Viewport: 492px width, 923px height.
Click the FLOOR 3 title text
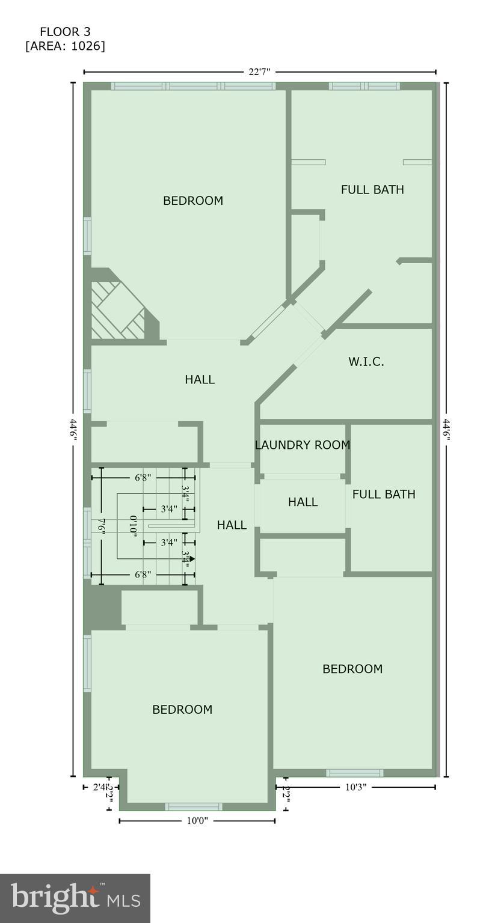click(65, 32)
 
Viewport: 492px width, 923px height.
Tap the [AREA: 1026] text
click(65, 46)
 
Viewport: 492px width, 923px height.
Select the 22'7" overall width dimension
click(259, 72)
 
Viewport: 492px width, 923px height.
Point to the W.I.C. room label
click(366, 362)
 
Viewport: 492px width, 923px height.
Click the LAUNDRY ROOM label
click(302, 445)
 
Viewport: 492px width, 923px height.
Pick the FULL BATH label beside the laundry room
click(384, 495)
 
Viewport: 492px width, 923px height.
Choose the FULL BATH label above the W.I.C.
click(372, 190)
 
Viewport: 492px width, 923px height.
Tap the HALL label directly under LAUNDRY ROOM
click(302, 502)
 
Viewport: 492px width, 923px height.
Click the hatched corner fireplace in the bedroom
click(119, 310)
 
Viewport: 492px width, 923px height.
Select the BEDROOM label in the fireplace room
click(193, 201)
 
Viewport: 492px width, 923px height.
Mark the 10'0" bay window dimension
click(197, 821)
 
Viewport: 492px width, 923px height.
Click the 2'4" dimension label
click(99, 787)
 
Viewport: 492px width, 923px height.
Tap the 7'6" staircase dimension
click(102, 526)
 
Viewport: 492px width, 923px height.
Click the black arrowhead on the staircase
click(191, 559)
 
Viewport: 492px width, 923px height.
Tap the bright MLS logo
click(75, 898)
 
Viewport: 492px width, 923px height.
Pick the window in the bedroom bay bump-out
click(194, 806)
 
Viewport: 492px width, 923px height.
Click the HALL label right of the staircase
click(232, 525)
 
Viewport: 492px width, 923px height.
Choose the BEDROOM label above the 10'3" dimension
click(352, 669)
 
